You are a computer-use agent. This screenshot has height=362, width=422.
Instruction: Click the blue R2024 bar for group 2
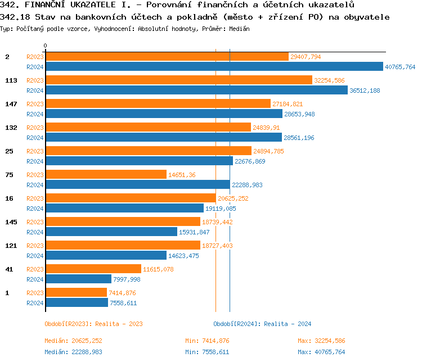(x=214, y=66)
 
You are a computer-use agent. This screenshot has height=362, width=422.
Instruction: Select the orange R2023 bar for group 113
(x=178, y=80)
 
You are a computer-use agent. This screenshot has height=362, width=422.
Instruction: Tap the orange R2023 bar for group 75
(x=106, y=175)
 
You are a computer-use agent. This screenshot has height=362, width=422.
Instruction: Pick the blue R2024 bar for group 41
(x=78, y=279)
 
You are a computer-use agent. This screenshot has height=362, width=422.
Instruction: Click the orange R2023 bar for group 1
(x=76, y=293)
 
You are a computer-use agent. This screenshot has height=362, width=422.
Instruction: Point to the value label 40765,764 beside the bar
(x=400, y=67)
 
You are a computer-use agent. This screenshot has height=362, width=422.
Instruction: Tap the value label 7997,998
(x=127, y=279)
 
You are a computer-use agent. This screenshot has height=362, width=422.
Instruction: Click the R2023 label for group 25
(x=35, y=151)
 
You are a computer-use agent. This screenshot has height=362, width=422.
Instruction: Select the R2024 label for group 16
(x=35, y=209)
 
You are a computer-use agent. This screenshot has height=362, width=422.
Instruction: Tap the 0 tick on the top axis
(x=46, y=46)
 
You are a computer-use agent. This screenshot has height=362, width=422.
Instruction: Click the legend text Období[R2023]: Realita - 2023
(x=93, y=324)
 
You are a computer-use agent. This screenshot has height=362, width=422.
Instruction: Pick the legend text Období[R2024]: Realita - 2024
(x=262, y=324)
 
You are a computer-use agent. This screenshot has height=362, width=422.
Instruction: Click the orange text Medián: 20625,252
(x=73, y=341)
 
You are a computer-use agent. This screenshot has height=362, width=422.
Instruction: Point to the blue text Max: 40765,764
(x=321, y=352)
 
